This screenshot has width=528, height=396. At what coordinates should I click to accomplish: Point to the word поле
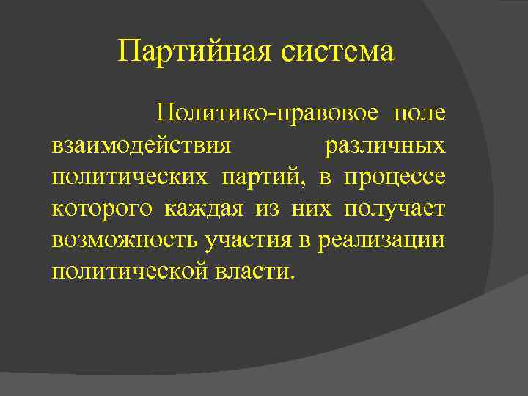[419, 114]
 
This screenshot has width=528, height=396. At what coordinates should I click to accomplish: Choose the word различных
[384, 145]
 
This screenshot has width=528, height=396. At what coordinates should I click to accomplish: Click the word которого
[103, 208]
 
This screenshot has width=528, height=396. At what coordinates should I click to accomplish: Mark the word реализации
[381, 240]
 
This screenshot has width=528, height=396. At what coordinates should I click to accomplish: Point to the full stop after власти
[293, 277]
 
